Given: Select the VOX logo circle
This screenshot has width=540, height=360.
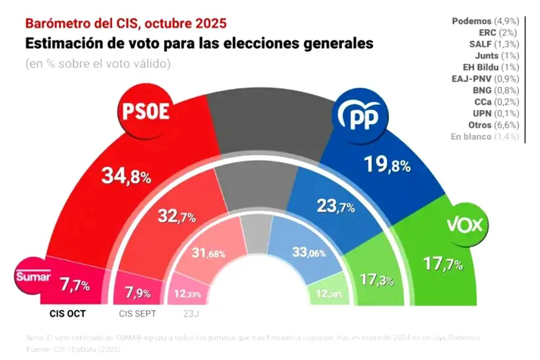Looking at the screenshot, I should coord(465,225).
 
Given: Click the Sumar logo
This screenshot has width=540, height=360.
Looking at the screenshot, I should coord(33,276).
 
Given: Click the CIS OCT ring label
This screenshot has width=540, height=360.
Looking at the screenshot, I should coord(68,314).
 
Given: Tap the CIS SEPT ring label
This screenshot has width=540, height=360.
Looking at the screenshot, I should coord(137,314).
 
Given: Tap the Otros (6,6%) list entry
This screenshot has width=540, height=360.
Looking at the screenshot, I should coord(493,124).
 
